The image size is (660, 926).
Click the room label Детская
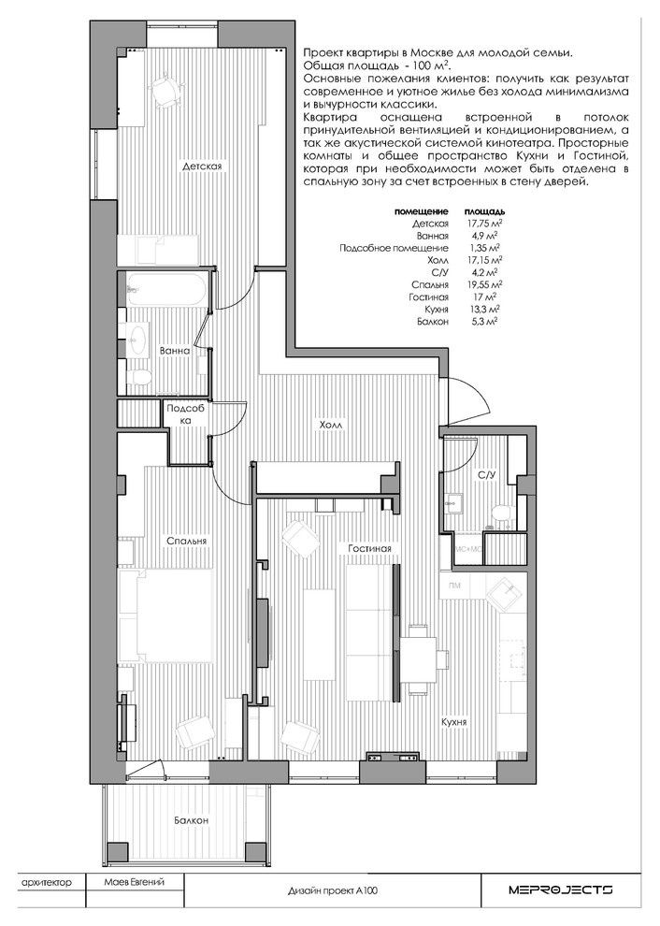pyautogui.click(x=202, y=166)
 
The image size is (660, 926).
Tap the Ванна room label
pyautogui.click(x=175, y=350)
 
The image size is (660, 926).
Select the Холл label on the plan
pyautogui.click(x=331, y=425)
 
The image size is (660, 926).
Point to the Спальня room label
pyautogui.click(x=187, y=541)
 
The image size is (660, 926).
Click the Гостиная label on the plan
pyautogui.click(x=369, y=549)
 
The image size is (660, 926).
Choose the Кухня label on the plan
pyautogui.click(x=454, y=722)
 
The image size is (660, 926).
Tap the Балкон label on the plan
pyautogui.click(x=192, y=820)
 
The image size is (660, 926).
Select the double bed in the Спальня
pyautogui.click(x=165, y=615)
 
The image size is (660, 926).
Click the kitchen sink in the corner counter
pyautogui.click(x=504, y=592)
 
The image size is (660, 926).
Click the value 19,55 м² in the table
pyautogui.click(x=483, y=284)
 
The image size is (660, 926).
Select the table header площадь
pyautogui.click(x=484, y=210)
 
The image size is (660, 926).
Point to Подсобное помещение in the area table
pyautogui.click(x=394, y=248)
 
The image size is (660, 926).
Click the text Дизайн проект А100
pyautogui.click(x=333, y=890)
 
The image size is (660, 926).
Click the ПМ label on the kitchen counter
pyautogui.click(x=454, y=586)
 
